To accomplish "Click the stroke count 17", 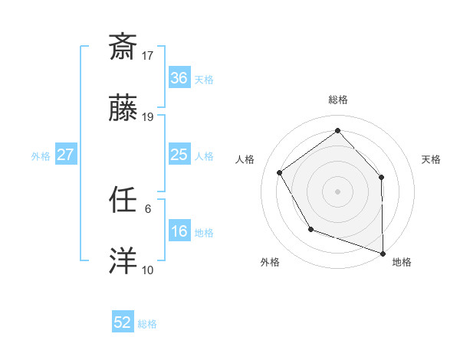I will tap(149, 55).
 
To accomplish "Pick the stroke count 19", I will tap(149, 117).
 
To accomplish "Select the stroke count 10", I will tap(148, 270).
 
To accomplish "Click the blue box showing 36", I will tap(179, 78).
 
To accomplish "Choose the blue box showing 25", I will tap(179, 155).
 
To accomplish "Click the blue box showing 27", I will tap(65, 155).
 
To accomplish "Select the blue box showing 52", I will tap(123, 322).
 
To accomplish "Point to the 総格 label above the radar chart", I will tap(338, 100).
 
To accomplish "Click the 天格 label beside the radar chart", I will tap(431, 159).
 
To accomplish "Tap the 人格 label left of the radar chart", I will tap(245, 159).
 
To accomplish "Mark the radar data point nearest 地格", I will tap(383, 252).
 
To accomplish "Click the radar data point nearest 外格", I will tap(310, 229).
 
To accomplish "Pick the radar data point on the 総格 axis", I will tap(337, 131).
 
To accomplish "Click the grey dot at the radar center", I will tap(337, 191).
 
